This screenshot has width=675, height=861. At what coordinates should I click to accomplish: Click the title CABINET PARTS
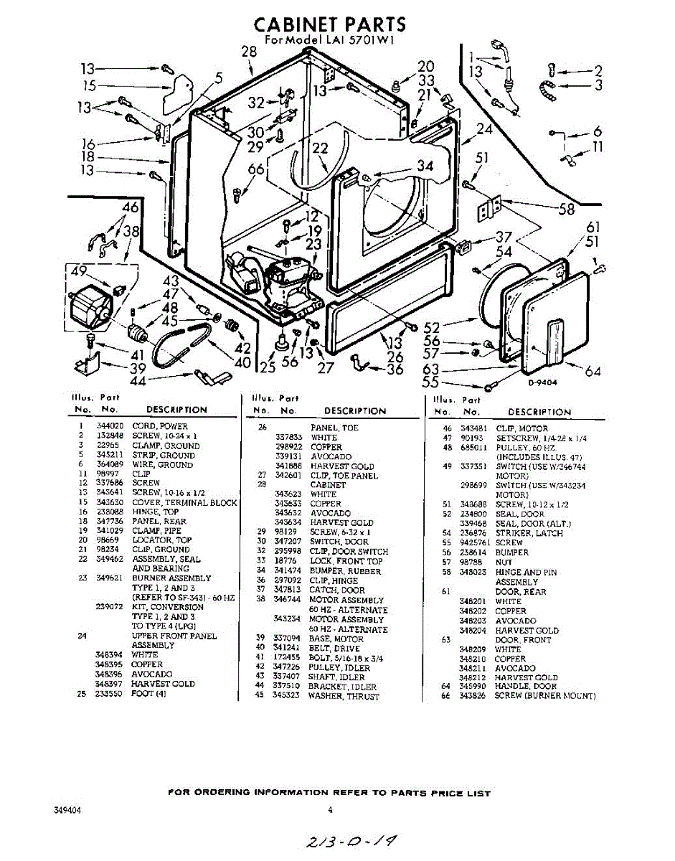coord(330,24)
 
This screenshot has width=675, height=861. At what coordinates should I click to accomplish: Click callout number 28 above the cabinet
coord(249,52)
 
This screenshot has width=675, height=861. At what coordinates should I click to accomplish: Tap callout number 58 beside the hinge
coord(567,209)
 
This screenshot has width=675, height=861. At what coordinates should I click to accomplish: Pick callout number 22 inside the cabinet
coord(321,149)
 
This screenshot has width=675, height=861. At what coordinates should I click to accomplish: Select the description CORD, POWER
coord(159,426)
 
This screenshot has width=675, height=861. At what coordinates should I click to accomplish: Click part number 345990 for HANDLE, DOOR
coord(473,687)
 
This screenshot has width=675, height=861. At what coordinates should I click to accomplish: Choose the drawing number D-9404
coord(543,382)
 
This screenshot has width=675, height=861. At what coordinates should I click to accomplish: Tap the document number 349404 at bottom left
coord(67,810)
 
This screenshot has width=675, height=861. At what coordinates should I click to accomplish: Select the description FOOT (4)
coord(148,694)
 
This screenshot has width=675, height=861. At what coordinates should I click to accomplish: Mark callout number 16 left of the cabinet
coord(88,143)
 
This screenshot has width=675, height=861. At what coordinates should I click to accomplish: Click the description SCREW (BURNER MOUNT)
coord(545,696)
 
